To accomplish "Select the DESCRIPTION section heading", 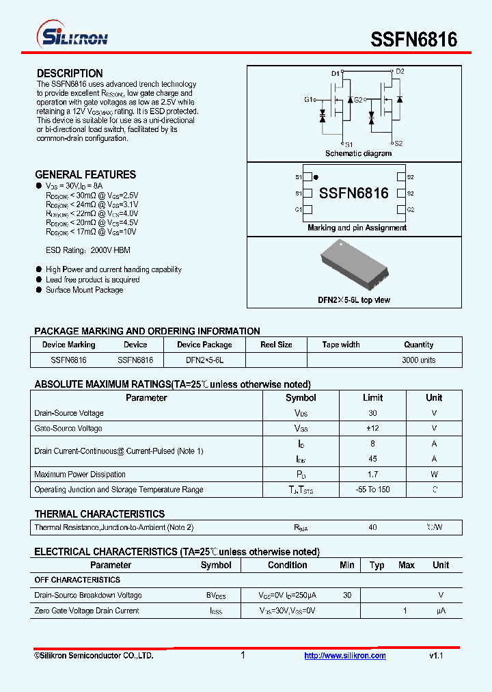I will [70, 73].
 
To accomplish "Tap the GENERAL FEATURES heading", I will [85, 174].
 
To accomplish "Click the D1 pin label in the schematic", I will [336, 73].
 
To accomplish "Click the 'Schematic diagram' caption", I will [358, 154].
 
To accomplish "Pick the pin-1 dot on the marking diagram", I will [315, 177].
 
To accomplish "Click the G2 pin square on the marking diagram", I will [401, 210].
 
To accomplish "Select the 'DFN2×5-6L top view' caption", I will [354, 300].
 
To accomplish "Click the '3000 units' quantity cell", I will [418, 360].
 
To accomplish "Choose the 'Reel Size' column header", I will [276, 345].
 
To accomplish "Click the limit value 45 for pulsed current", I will [372, 459].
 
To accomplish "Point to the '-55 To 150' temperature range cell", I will [372, 490].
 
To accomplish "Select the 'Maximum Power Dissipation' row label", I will [80, 475].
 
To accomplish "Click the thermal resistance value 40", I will [372, 527].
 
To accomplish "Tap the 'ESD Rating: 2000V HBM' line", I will [87, 250].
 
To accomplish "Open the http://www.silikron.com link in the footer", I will [344, 656].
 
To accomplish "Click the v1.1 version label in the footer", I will [436, 656].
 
